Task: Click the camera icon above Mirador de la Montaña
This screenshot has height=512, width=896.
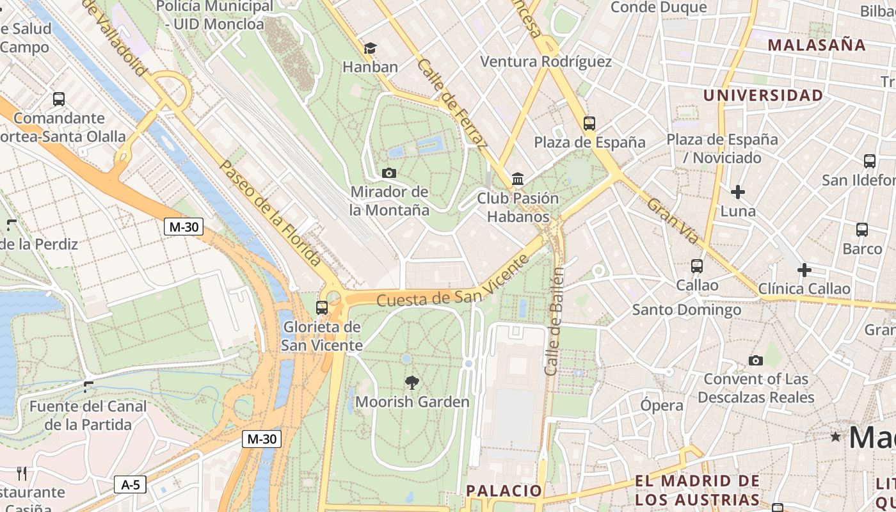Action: [388, 173]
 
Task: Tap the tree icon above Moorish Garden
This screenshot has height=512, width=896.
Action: [412, 383]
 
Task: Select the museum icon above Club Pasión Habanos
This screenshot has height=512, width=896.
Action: [518, 179]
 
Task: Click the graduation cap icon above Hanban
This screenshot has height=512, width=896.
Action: [370, 48]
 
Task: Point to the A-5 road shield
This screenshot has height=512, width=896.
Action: [131, 484]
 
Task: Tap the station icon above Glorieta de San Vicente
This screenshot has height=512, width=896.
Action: [322, 307]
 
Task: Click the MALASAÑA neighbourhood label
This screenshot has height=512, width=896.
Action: [817, 45]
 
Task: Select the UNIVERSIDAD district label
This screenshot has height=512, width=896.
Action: [764, 95]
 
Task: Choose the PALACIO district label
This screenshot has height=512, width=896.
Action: [504, 491]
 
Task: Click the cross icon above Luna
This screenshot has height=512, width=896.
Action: [738, 191]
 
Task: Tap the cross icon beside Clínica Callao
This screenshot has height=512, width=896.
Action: [804, 270]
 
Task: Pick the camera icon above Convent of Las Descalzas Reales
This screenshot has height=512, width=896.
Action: [756, 360]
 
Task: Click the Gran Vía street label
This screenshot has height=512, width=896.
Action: [672, 221]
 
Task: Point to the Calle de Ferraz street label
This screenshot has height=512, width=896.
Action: [452, 102]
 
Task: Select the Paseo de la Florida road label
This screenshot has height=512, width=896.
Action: [269, 212]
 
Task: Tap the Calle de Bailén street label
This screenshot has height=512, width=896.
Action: [554, 321]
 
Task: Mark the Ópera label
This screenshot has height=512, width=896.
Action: [662, 405]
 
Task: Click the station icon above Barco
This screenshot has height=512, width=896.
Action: [862, 229]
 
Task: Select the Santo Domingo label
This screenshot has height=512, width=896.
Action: [686, 310]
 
